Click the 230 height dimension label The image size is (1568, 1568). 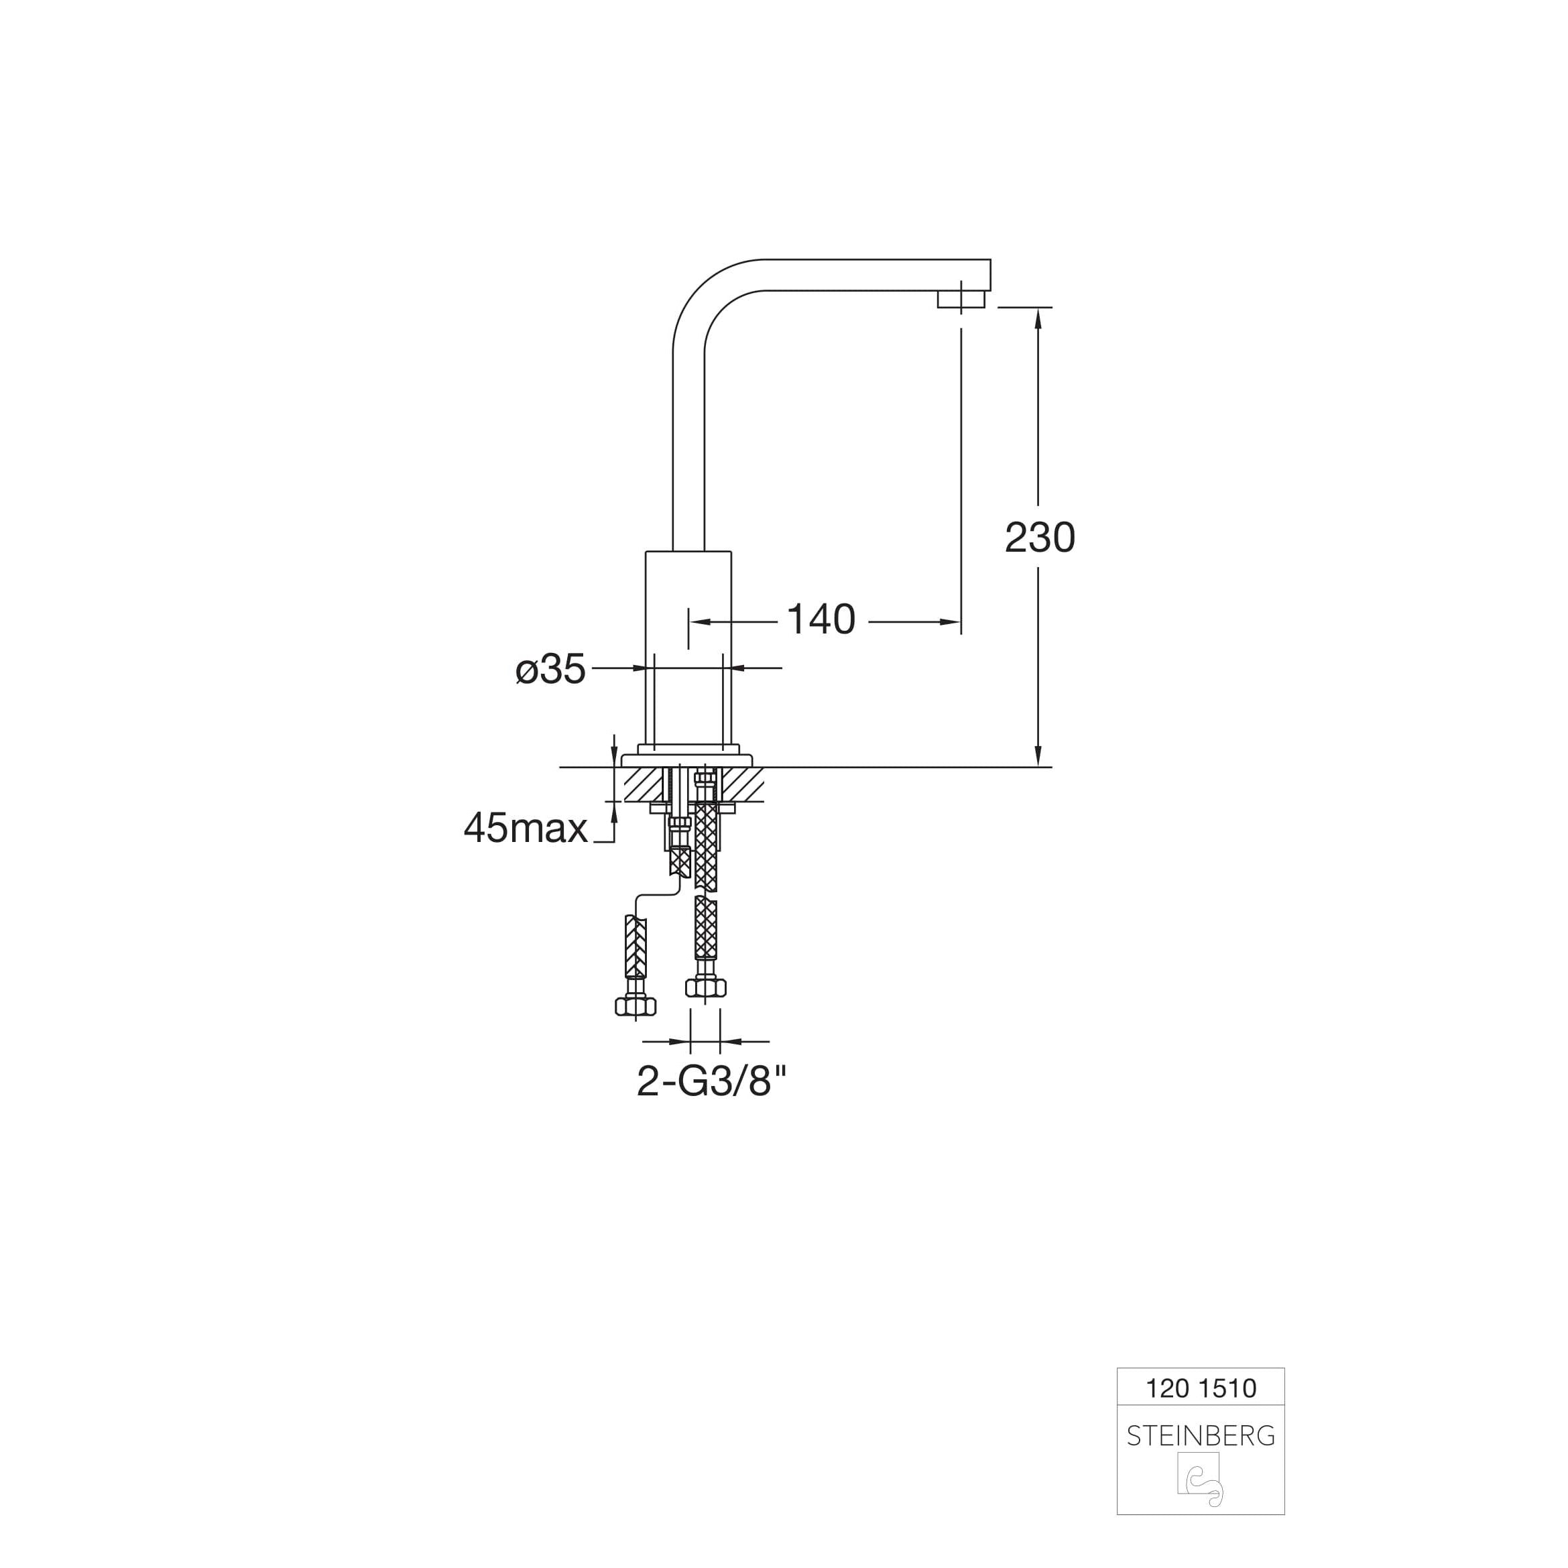tap(1040, 537)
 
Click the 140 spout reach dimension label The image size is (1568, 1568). tap(821, 619)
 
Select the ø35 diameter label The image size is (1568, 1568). tap(550, 670)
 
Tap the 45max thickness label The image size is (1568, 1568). tap(525, 829)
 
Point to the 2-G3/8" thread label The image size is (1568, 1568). tap(712, 1081)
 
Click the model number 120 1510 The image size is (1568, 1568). tap(1201, 1388)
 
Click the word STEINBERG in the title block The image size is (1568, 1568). tap(1201, 1437)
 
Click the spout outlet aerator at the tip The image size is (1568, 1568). tap(961, 299)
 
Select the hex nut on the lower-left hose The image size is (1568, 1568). tap(636, 1006)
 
